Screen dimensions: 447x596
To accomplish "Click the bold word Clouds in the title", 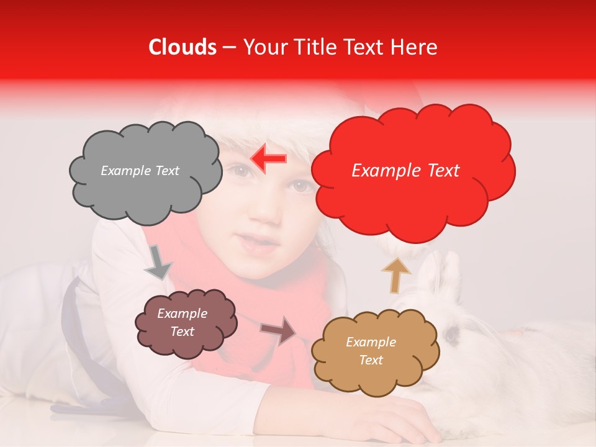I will point(183,47).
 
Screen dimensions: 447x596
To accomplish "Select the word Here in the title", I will point(415,47).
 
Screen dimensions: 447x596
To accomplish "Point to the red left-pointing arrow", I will point(268,159).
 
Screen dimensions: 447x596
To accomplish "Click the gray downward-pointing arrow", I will point(158,263).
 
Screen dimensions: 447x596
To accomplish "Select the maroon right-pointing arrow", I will point(279,330).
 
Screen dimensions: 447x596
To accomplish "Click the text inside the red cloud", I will point(405,171).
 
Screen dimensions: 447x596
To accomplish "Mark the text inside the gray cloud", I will point(140,171).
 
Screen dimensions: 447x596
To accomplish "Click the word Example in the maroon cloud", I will point(182,314).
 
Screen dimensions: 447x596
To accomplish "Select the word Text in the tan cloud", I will point(371,360).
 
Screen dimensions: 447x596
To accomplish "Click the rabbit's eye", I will point(451,335).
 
